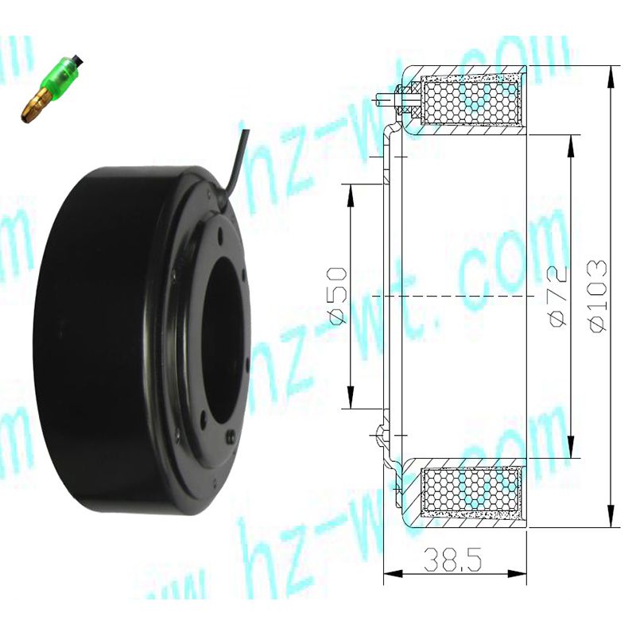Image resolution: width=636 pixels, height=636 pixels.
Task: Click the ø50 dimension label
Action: (x=337, y=296)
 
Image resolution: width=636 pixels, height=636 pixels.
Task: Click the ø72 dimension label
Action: (x=558, y=296)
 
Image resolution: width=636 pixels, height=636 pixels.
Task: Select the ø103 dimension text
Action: (x=599, y=296)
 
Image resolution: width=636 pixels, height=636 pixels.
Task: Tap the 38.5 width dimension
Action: (x=452, y=560)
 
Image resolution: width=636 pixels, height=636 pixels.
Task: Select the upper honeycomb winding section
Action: (x=471, y=101)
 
